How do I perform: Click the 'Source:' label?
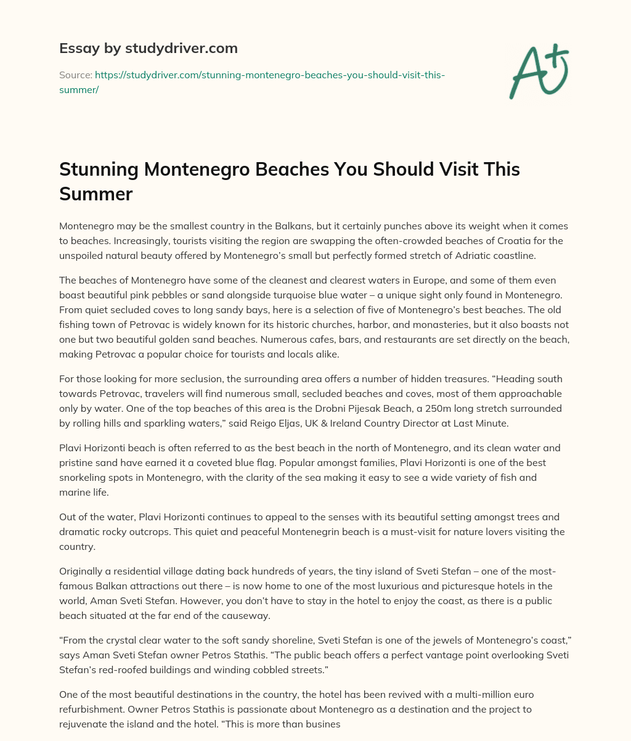[75, 75]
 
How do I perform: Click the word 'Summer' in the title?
[96, 194]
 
